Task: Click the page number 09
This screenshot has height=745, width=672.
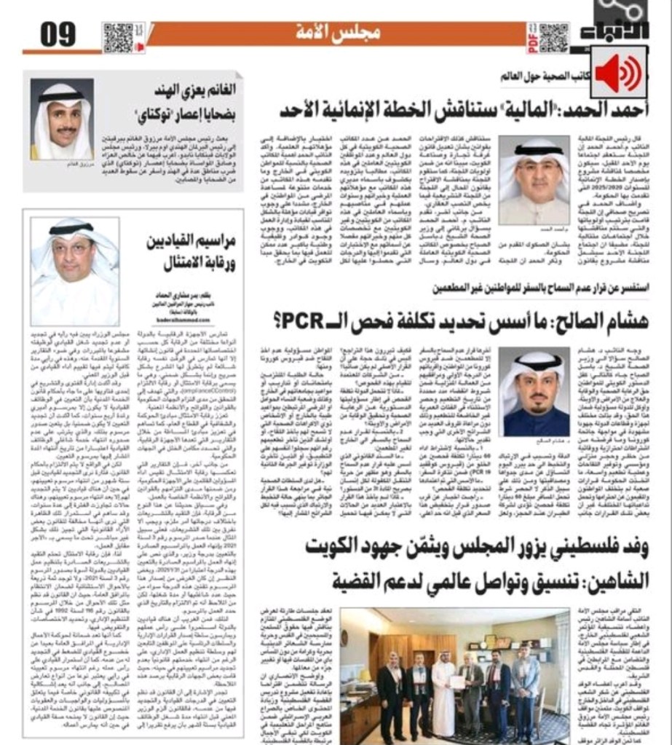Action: coord(59,34)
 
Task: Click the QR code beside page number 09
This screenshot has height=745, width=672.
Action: coord(119,37)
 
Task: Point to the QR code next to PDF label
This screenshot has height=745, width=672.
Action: coord(553,37)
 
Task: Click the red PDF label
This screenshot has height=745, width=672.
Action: coord(532,37)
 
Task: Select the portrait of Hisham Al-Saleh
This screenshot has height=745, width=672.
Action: coord(537,391)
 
